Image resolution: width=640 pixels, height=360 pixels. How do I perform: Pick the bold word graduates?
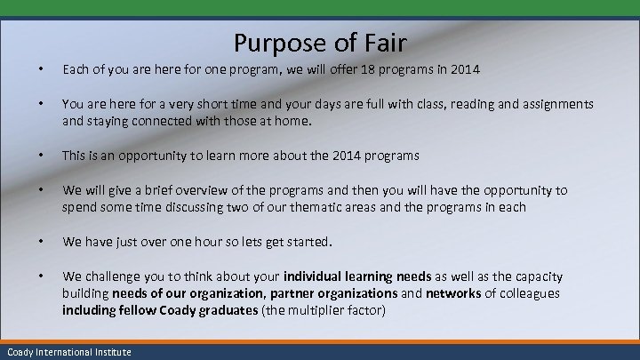pos(219,310)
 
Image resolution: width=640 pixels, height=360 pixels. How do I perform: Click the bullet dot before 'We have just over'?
pos(31,242)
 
